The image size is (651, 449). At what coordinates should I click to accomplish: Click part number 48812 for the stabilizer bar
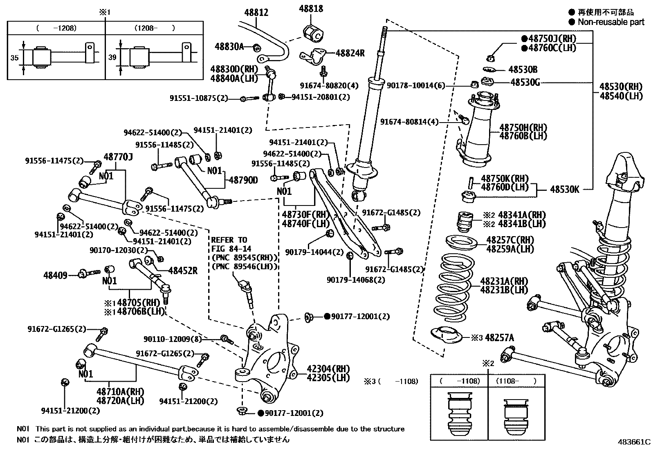click(256, 13)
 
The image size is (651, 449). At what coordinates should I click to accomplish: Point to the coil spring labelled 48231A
click(452, 288)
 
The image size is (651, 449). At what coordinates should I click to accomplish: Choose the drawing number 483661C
click(633, 442)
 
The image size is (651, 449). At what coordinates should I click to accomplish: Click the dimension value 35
click(14, 58)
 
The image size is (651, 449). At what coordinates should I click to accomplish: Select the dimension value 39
click(112, 58)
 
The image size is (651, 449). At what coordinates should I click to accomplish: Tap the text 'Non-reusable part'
click(611, 22)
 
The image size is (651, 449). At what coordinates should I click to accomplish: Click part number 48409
click(55, 276)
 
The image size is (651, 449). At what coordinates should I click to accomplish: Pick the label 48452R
click(183, 270)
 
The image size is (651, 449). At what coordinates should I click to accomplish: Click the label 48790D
click(243, 180)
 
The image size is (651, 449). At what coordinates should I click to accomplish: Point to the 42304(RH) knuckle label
click(328, 369)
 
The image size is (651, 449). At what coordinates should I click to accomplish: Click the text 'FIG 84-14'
click(231, 249)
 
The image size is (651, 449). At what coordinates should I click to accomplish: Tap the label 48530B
click(523, 70)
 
